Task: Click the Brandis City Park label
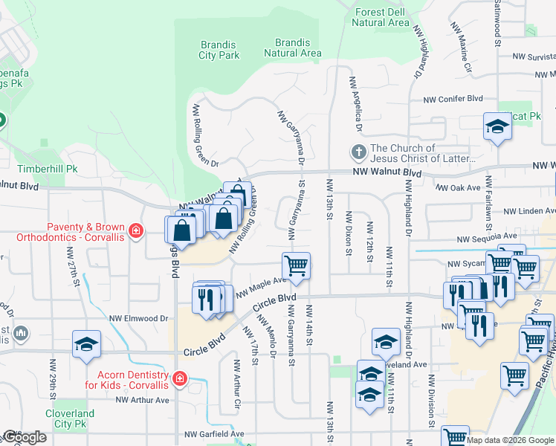click(x=219, y=50)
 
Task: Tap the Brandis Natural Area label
click(x=293, y=48)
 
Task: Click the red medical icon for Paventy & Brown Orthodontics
click(x=135, y=231)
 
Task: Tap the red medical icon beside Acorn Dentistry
click(x=178, y=379)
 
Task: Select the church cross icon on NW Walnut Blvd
click(x=358, y=153)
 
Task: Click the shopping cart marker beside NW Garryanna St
click(x=296, y=265)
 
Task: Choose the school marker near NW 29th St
click(x=86, y=343)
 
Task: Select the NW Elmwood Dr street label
click(x=142, y=317)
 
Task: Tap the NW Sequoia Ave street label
click(x=487, y=239)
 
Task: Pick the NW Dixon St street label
click(x=348, y=233)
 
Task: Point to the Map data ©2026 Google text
click(x=510, y=440)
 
